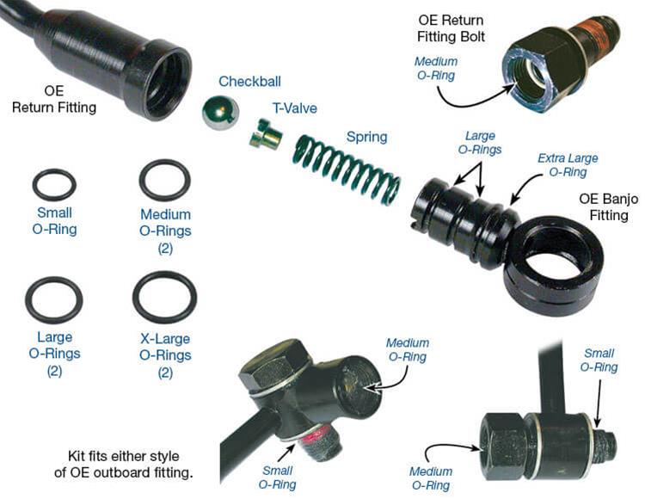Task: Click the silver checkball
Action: pyautogui.click(x=220, y=113)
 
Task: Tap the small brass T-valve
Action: pyautogui.click(x=266, y=133)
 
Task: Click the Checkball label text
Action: pyautogui.click(x=249, y=81)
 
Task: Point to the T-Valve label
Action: pyautogui.click(x=294, y=108)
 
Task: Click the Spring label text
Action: pyautogui.click(x=366, y=137)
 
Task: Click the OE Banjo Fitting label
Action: pyautogui.click(x=608, y=207)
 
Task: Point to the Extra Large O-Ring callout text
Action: pyautogui.click(x=568, y=165)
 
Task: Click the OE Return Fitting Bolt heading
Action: pyautogui.click(x=451, y=28)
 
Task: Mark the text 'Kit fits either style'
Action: pyautogui.click(x=123, y=456)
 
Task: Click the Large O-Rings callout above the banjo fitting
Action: pyautogui.click(x=480, y=142)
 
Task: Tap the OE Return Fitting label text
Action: pyautogui.click(x=54, y=99)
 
